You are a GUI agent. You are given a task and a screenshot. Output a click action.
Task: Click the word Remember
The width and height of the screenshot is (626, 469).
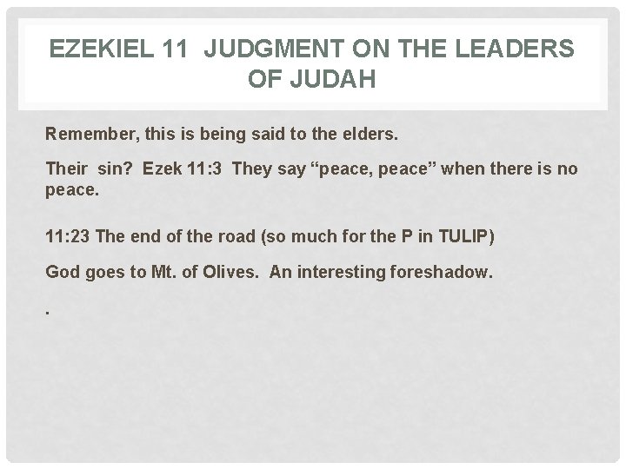pos(84,135)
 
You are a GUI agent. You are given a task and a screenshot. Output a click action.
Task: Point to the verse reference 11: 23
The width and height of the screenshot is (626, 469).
pos(70,236)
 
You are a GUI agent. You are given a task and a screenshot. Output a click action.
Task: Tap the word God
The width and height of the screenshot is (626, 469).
pos(62,273)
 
